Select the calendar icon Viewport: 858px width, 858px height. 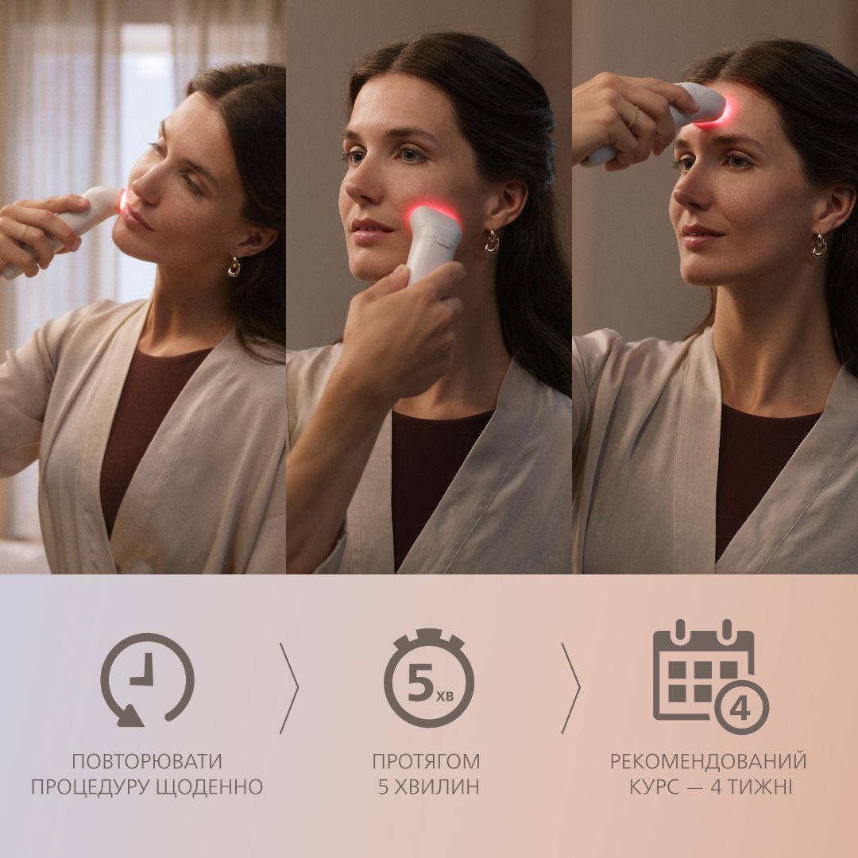tap(703, 671)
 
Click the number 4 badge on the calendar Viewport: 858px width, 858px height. tap(740, 707)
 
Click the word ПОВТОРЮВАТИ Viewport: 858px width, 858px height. tap(147, 761)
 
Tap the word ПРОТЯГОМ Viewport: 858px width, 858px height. tap(427, 761)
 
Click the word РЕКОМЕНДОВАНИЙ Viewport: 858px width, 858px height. tap(708, 761)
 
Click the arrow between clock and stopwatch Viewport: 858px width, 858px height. tap(289, 677)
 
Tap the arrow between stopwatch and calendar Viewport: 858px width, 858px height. tap(570, 677)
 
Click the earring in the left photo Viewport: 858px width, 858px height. tap(234, 266)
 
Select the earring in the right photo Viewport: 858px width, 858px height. tap(818, 245)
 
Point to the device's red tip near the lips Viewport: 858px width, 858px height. tap(120, 202)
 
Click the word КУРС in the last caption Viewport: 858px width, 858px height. tap(659, 787)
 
